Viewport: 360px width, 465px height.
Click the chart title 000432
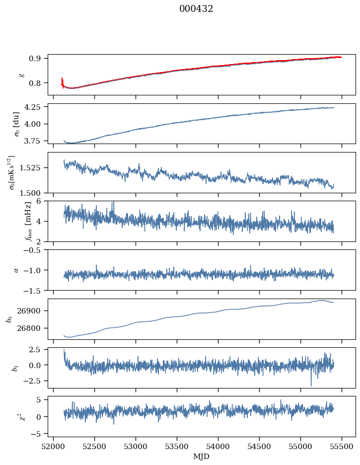pos(196,9)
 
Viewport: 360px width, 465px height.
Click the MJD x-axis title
pos(201,457)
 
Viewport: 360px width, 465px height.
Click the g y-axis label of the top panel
pos(21,75)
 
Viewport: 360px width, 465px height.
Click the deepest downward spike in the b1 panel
pos(311,386)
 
